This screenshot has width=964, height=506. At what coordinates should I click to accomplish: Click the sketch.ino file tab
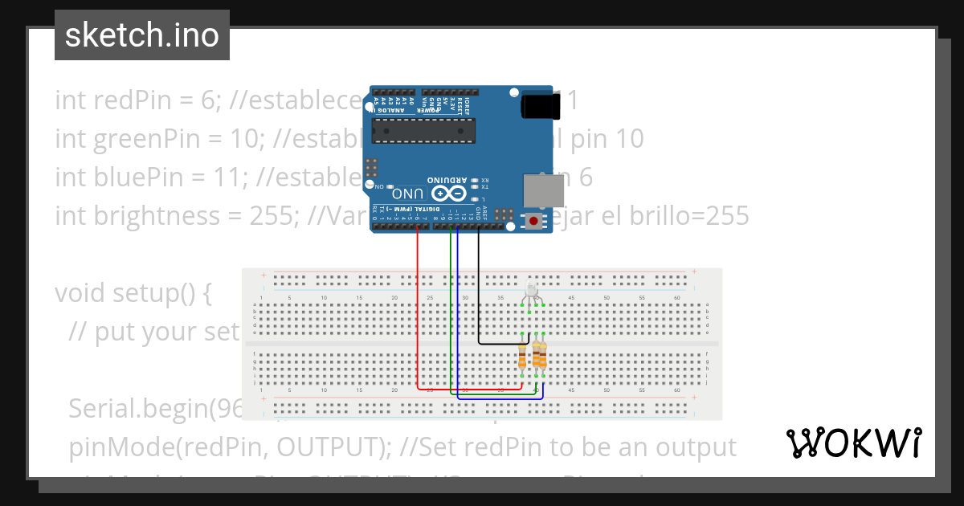point(141,35)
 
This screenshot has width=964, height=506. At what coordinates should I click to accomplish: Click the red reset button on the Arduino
point(533,220)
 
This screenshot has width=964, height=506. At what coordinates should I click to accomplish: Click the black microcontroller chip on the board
point(424,128)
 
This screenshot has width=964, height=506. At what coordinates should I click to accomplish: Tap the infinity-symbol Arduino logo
point(449,194)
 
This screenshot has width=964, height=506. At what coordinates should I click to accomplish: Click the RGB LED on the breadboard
point(533,294)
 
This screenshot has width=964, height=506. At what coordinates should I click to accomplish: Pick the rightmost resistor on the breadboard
point(542,354)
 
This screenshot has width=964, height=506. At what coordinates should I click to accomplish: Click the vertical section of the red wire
point(418,305)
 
